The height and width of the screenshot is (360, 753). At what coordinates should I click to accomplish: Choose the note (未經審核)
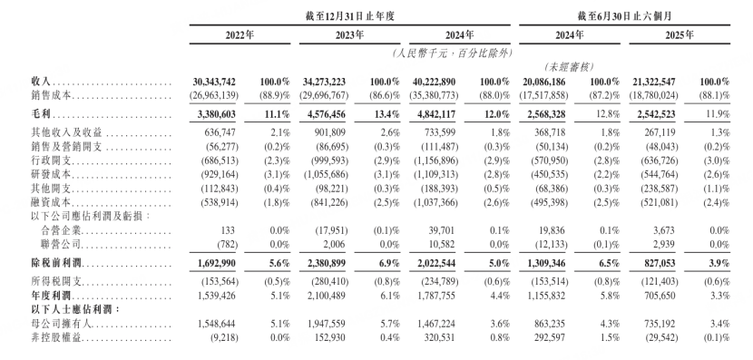[570, 68]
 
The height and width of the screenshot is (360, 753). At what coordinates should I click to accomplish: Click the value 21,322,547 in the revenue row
[643, 82]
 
